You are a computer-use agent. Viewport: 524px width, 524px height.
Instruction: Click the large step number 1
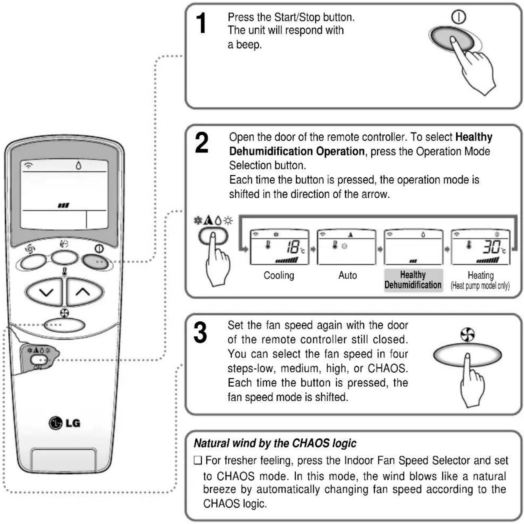(201, 23)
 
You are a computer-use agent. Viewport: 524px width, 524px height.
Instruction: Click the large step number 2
(202, 143)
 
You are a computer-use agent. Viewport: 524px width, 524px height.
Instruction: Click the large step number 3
(200, 332)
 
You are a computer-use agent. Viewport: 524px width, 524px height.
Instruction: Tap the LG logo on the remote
(65, 423)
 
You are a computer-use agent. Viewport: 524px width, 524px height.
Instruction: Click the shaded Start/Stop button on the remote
(96, 261)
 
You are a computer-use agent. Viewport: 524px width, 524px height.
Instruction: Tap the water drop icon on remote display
(78, 165)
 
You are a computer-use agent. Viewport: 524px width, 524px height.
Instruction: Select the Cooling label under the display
(279, 275)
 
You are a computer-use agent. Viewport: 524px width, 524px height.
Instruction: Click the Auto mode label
(348, 275)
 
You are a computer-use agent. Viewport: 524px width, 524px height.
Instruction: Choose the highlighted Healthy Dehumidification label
(413, 280)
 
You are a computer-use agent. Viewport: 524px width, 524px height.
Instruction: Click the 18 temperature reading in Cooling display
(293, 247)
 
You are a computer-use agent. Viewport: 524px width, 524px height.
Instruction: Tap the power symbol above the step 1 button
(458, 17)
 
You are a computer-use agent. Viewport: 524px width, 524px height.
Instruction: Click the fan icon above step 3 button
(468, 335)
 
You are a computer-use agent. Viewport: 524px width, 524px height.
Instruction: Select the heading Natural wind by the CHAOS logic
(275, 444)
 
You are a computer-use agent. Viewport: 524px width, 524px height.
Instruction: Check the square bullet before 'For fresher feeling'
(198, 461)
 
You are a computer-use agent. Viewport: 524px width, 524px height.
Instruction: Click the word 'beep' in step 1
(248, 44)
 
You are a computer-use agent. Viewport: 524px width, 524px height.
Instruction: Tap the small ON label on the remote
(38, 368)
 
